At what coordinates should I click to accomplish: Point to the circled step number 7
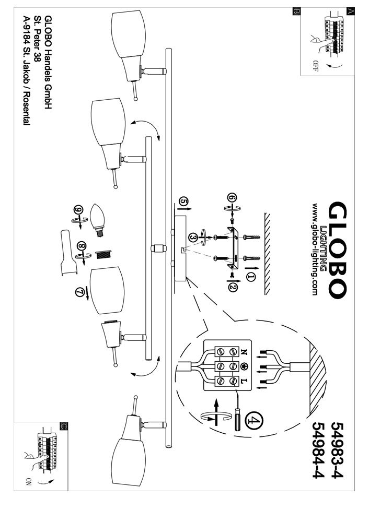tap(80, 292)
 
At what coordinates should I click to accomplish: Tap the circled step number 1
tap(251, 277)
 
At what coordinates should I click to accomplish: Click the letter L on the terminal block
tap(244, 382)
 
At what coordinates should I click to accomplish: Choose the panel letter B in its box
tap(296, 11)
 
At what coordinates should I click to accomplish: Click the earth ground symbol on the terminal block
tap(244, 365)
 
